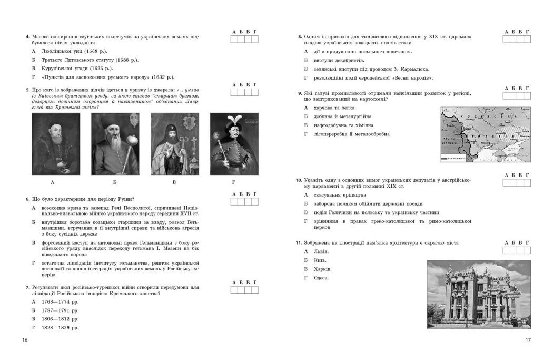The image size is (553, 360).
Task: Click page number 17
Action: (x=528, y=339)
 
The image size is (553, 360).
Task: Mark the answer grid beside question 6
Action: (x=244, y=201)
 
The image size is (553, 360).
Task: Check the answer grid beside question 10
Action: (x=516, y=182)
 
